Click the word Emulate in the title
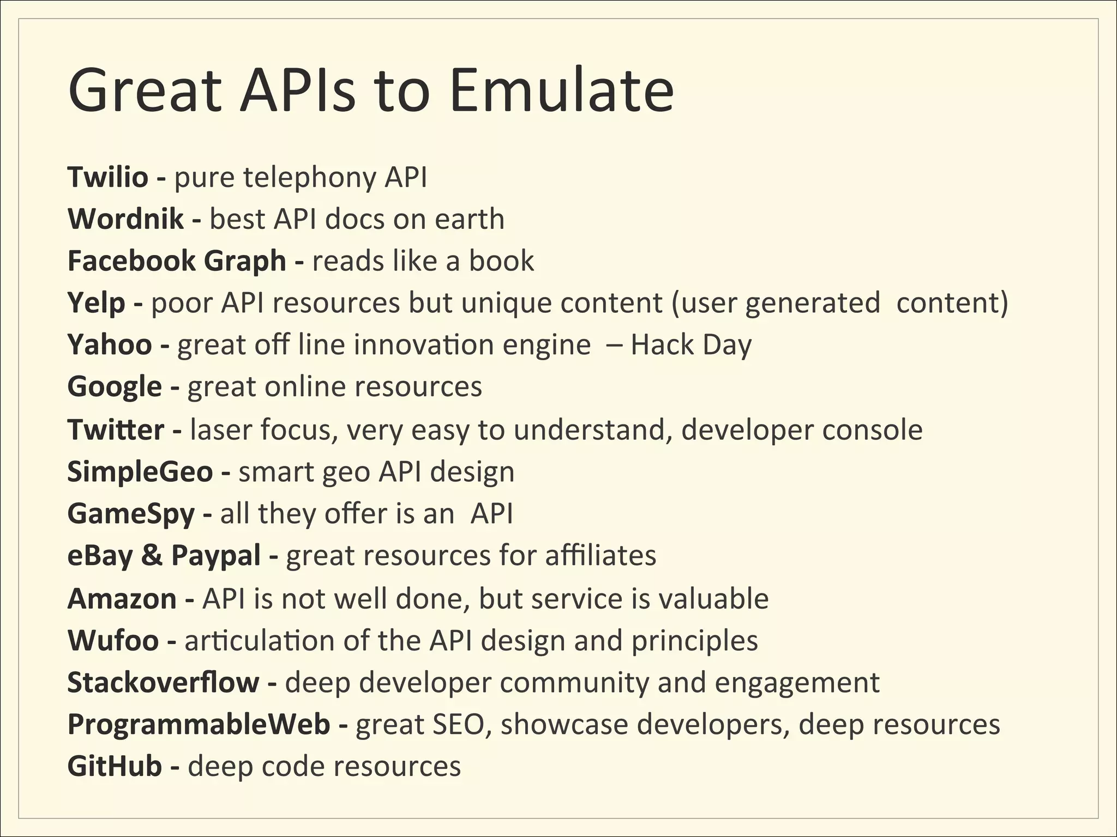click(x=562, y=90)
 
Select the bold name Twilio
click(x=107, y=177)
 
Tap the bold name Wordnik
click(x=125, y=219)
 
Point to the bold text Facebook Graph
click(x=176, y=261)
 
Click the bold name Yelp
click(x=96, y=303)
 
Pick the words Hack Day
click(x=691, y=345)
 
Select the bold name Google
click(x=115, y=387)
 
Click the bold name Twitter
click(x=115, y=430)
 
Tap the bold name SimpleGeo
click(x=140, y=472)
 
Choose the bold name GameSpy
click(x=131, y=514)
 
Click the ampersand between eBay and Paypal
click(x=152, y=556)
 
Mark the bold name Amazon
click(x=122, y=599)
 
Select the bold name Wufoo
click(x=113, y=641)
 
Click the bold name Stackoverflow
click(x=163, y=683)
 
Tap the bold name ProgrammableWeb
click(x=199, y=725)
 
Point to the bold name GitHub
click(x=115, y=767)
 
